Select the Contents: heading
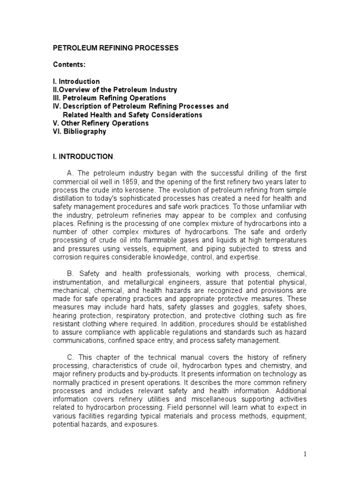click(x=68, y=65)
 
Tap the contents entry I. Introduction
click(x=75, y=82)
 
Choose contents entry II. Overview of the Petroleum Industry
click(x=114, y=90)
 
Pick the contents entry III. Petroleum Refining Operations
click(x=109, y=98)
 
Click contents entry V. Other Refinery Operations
click(x=100, y=123)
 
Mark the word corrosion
click(x=67, y=258)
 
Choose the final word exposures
click(x=141, y=425)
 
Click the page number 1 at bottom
click(x=304, y=454)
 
